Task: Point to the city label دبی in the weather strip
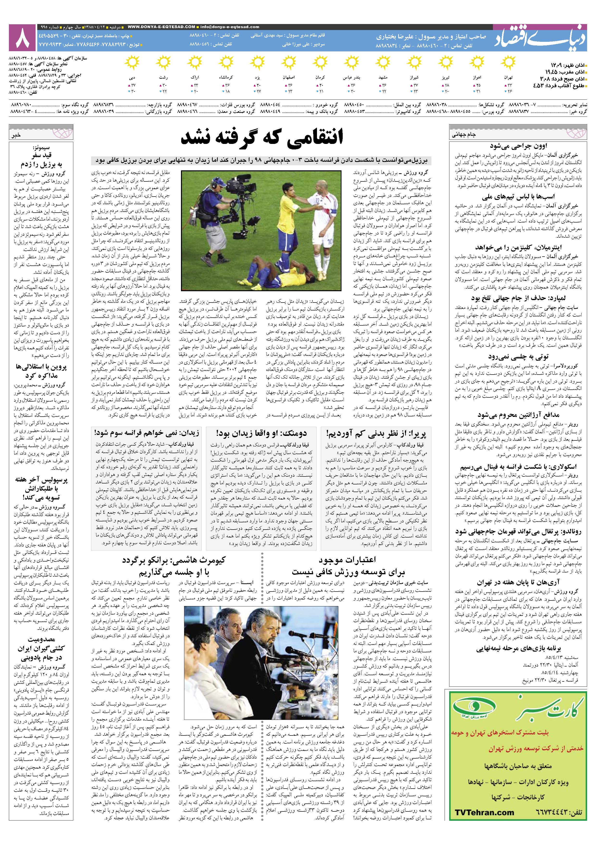[132, 78]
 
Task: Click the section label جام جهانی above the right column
[464, 135]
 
